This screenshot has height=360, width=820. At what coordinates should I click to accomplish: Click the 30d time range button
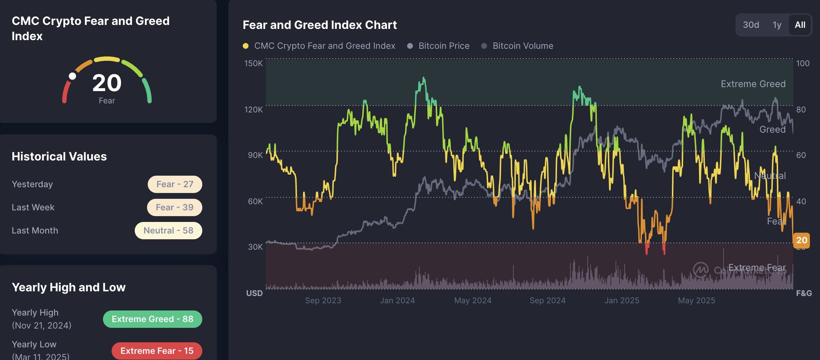(751, 25)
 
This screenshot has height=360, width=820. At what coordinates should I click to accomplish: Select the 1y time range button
(777, 25)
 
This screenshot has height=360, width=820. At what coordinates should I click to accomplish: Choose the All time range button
(800, 25)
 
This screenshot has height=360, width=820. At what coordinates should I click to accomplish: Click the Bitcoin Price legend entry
(444, 46)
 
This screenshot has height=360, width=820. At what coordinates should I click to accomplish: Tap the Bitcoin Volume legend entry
(522, 46)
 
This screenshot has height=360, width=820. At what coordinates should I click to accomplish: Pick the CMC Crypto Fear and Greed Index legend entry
(324, 46)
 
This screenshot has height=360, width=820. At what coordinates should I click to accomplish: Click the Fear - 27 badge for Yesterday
(175, 184)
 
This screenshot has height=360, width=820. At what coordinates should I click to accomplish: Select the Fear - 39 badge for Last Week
(174, 207)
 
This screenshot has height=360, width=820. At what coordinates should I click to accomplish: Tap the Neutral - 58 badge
(168, 231)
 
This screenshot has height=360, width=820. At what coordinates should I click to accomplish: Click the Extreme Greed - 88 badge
(152, 319)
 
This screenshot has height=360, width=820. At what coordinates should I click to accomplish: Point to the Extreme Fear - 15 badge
(157, 351)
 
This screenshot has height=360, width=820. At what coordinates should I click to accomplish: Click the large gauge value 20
(107, 83)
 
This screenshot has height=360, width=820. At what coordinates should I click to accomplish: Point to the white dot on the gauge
(73, 76)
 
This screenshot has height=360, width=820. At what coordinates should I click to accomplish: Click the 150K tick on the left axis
(254, 64)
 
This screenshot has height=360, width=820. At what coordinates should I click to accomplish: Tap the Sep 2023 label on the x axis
(323, 300)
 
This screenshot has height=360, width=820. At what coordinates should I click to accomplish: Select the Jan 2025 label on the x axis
(622, 300)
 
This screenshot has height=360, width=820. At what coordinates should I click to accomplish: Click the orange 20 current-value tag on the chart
(801, 240)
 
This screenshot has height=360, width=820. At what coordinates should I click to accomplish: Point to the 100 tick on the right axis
(803, 64)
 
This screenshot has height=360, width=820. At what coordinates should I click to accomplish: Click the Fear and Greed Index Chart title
(320, 25)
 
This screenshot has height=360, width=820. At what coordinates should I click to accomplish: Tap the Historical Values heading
(59, 157)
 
